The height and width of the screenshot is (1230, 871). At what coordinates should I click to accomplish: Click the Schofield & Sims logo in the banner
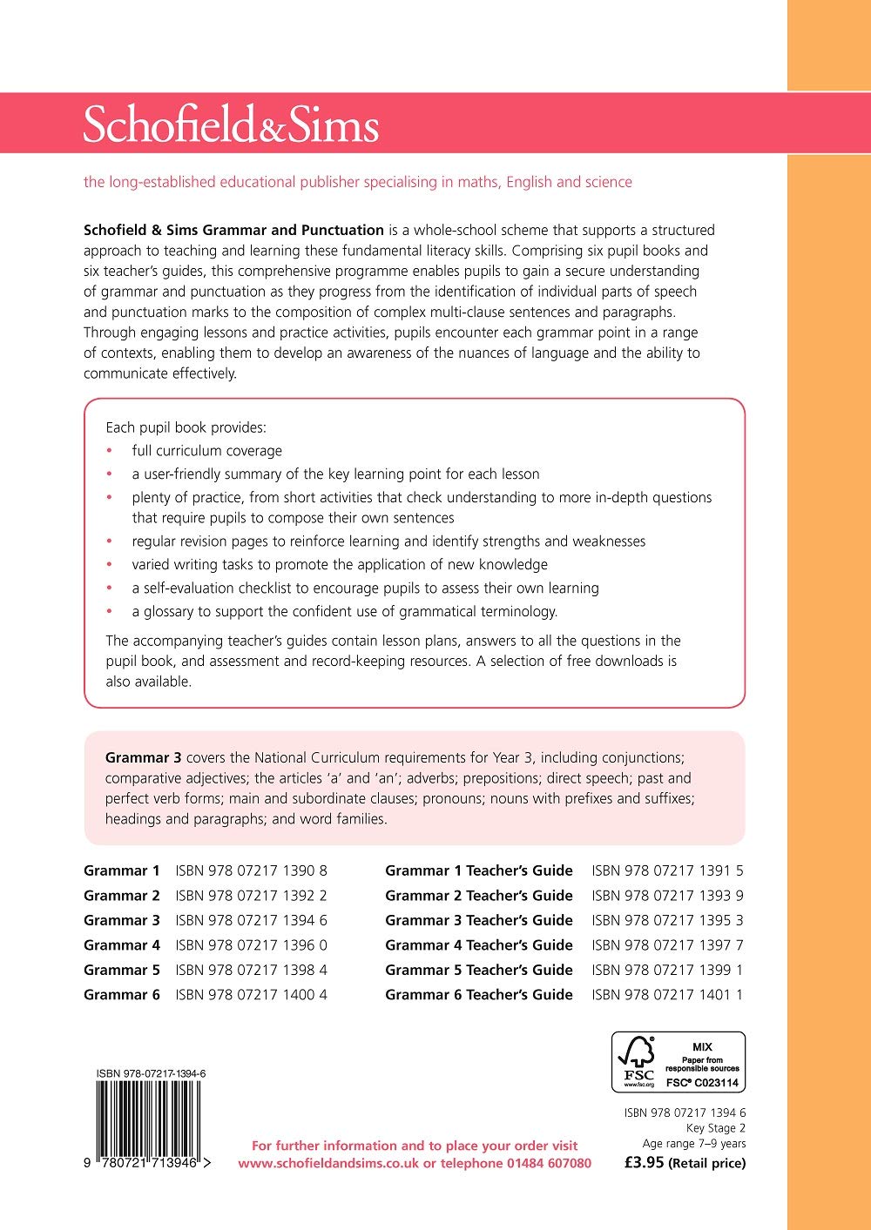click(231, 124)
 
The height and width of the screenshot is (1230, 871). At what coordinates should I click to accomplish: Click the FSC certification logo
click(679, 1062)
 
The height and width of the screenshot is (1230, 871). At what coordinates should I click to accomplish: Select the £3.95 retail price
click(645, 1162)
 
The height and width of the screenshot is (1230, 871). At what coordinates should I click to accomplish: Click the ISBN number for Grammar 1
click(251, 870)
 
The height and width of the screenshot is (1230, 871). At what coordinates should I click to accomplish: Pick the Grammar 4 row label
click(122, 945)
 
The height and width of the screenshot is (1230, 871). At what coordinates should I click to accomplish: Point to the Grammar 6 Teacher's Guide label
click(479, 995)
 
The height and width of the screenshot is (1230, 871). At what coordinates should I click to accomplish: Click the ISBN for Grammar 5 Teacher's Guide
click(667, 970)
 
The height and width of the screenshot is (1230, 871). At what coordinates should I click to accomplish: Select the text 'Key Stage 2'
click(715, 1128)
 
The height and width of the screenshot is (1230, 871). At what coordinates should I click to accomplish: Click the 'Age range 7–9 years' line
click(694, 1144)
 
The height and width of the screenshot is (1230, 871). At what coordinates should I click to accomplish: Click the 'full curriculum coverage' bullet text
click(207, 451)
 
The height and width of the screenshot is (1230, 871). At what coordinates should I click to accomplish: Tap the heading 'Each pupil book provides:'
click(186, 427)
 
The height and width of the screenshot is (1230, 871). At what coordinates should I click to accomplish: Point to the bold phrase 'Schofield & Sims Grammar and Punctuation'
click(233, 231)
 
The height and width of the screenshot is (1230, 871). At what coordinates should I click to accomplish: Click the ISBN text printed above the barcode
click(151, 1074)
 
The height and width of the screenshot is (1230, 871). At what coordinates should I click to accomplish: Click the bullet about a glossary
click(344, 611)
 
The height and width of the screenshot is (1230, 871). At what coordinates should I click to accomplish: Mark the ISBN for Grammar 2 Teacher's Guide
click(667, 896)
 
